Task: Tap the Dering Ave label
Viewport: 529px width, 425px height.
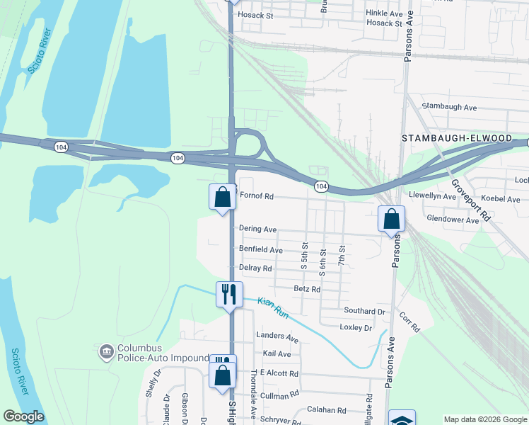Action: pos(257,229)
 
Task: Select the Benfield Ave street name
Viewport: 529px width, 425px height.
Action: pos(261,250)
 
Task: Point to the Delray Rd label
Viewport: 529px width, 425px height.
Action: pos(255,268)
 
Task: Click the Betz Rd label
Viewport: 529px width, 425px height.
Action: pos(307,289)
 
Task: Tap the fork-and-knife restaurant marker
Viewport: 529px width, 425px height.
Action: pos(229,294)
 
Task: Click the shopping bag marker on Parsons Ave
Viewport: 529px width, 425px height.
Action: pos(391,219)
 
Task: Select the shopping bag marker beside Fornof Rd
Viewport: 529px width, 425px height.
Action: pos(222,198)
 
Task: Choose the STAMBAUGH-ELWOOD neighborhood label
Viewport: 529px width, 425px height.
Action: pos(456,138)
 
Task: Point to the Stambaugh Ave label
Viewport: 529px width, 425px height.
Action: pos(449,107)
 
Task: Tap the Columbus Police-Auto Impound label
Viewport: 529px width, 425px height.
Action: pos(163,353)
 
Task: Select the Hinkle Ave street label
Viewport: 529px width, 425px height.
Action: pos(384,13)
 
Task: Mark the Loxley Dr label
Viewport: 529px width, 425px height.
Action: pos(356,328)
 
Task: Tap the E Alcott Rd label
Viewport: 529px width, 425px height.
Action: pos(279,373)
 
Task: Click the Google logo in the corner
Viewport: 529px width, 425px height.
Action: pos(23,416)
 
